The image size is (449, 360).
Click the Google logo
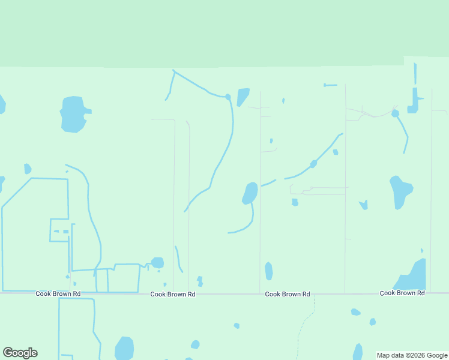click(20, 353)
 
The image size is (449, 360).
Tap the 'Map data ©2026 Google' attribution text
click(412, 355)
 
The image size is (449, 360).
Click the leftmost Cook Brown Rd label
click(58, 294)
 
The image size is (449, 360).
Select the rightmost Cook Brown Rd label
click(402, 293)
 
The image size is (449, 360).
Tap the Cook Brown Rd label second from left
click(173, 294)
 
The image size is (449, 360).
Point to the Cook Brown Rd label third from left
click(288, 294)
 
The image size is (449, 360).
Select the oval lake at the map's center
click(250, 193)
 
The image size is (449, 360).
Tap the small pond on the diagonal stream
click(313, 164)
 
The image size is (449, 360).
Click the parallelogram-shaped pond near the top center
click(243, 97)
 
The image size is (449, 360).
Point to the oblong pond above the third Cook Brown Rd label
click(269, 271)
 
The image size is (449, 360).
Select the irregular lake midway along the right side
click(400, 191)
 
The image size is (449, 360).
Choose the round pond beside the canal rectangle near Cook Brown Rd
click(157, 263)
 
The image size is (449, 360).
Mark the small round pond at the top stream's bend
click(228, 97)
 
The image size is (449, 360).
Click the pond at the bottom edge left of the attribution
click(358, 352)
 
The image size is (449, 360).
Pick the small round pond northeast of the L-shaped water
click(395, 113)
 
